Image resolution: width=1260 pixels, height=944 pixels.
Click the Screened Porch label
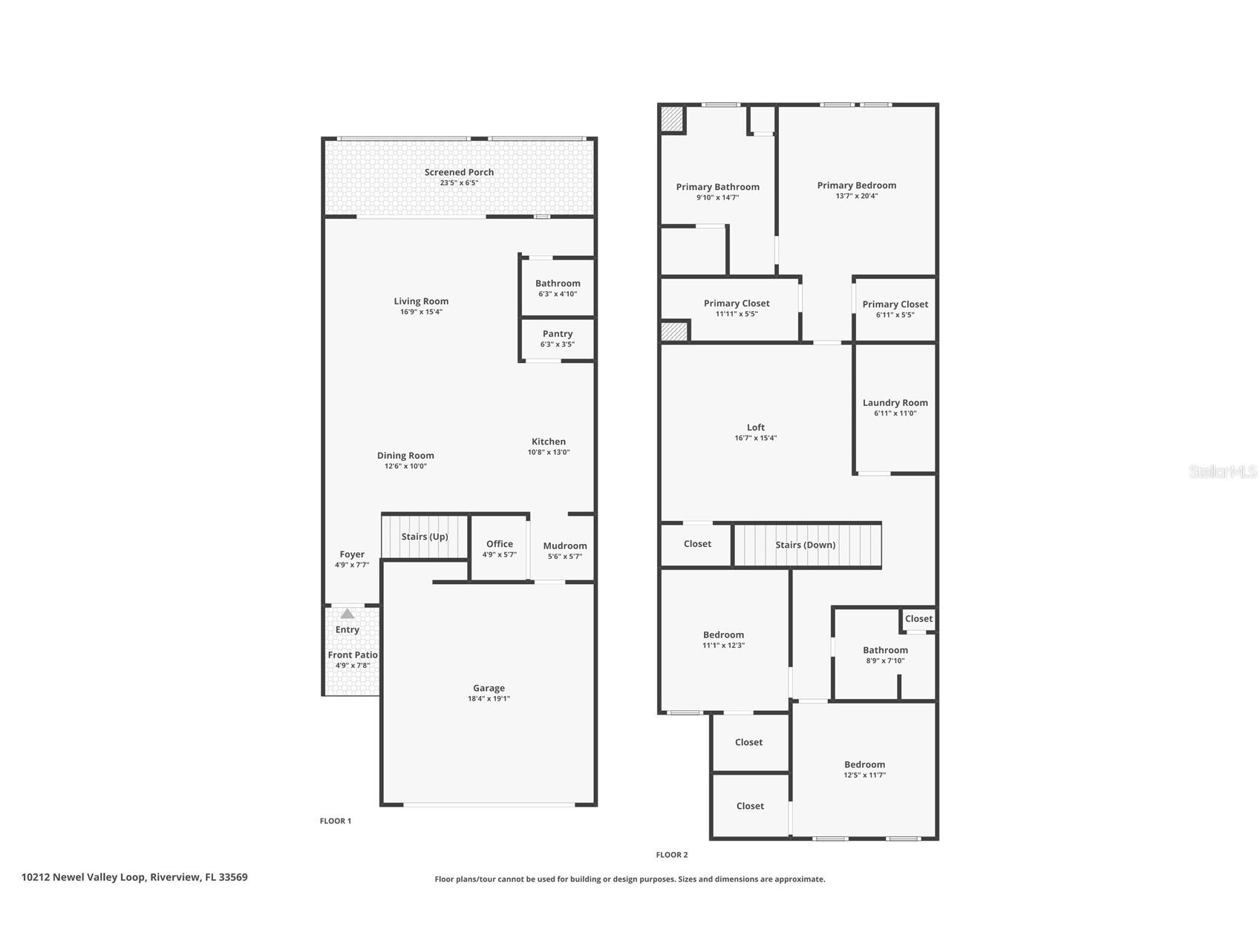(459, 172)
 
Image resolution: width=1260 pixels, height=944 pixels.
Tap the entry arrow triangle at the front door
(347, 614)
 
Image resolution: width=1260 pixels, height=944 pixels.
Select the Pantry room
(558, 338)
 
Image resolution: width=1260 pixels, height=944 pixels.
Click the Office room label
(500, 544)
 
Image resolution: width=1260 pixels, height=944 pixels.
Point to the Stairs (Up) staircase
(425, 537)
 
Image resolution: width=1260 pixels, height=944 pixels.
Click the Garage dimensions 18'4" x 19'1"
(489, 698)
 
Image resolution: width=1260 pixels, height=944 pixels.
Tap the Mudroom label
(565, 546)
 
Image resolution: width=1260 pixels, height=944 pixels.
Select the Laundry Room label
(895, 403)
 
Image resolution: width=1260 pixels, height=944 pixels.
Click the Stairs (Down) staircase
(806, 545)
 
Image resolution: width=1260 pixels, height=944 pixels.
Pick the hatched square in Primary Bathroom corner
(673, 119)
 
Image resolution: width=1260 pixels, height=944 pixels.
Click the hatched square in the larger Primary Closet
(674, 331)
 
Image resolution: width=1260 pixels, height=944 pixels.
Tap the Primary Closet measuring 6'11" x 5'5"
(895, 308)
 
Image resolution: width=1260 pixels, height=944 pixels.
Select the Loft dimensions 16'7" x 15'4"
(756, 438)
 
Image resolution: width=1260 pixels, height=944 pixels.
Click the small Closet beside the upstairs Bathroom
(918, 619)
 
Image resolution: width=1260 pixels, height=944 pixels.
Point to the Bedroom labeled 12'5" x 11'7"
(864, 769)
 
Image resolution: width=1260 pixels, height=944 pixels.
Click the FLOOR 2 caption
(672, 855)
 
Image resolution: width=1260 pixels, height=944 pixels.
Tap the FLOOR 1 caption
(336, 821)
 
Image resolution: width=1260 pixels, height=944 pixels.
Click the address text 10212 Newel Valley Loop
(134, 877)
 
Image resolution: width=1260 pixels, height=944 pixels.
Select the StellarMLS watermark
(1223, 471)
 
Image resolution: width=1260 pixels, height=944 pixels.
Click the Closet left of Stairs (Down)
(697, 544)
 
